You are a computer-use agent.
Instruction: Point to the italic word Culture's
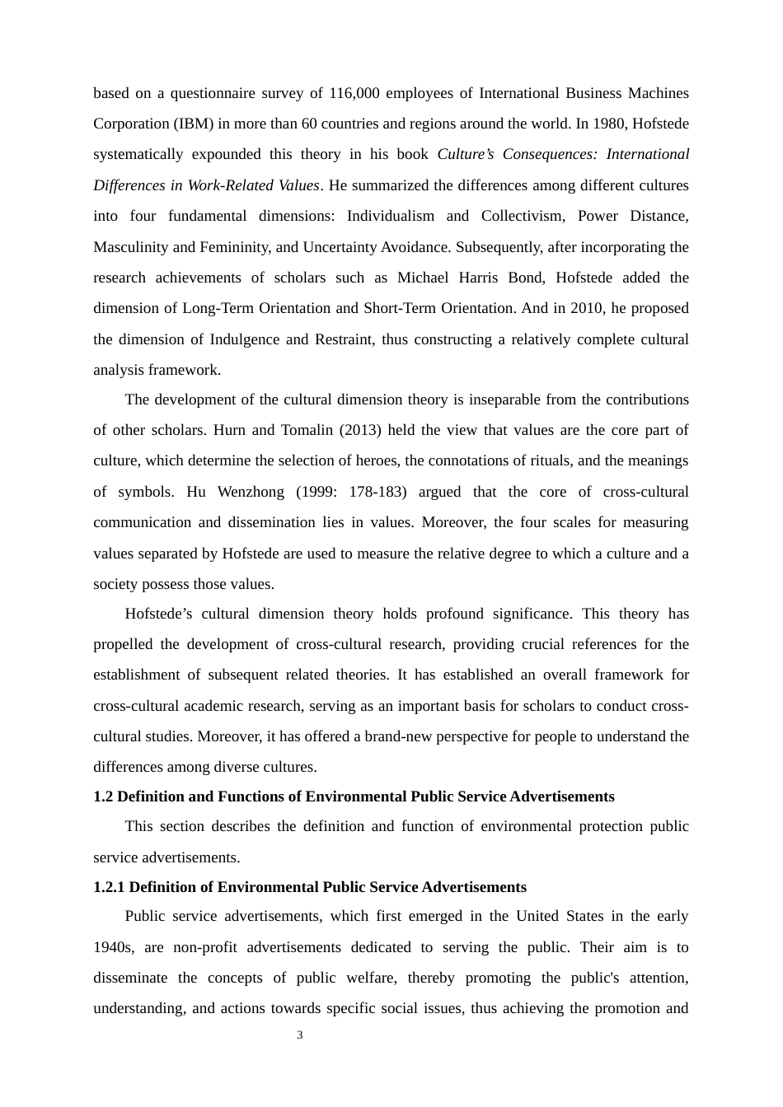467,154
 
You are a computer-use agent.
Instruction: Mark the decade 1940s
113,947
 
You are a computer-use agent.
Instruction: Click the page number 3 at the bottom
300,1035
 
